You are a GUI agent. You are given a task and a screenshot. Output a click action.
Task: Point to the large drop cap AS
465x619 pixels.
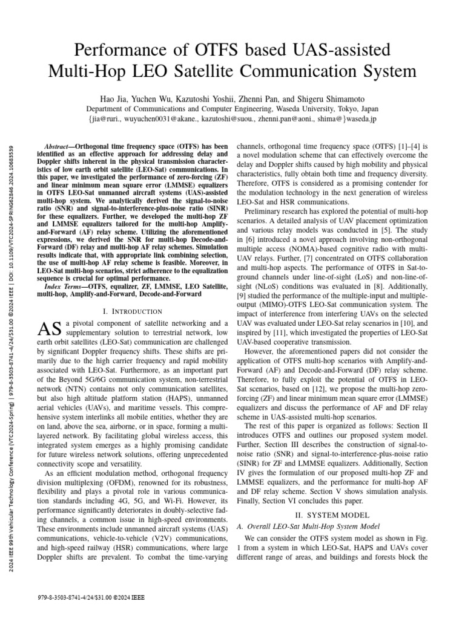tap(50, 329)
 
